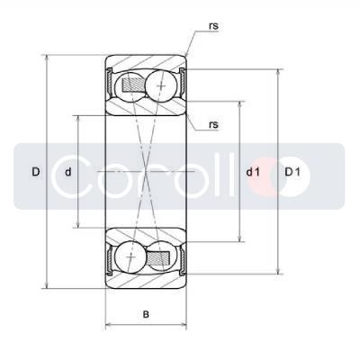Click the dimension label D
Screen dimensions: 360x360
click(x=36, y=172)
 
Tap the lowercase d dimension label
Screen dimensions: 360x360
click(x=68, y=172)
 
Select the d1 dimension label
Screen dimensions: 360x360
click(x=253, y=172)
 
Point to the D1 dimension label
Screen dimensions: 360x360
click(x=292, y=172)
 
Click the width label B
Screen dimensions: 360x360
click(x=146, y=314)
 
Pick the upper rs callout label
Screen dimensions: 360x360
click(x=213, y=26)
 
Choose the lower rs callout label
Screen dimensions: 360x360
click(x=213, y=124)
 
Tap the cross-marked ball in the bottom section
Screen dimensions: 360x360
click(x=130, y=257)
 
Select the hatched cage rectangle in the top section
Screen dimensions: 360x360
click(x=132, y=85)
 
